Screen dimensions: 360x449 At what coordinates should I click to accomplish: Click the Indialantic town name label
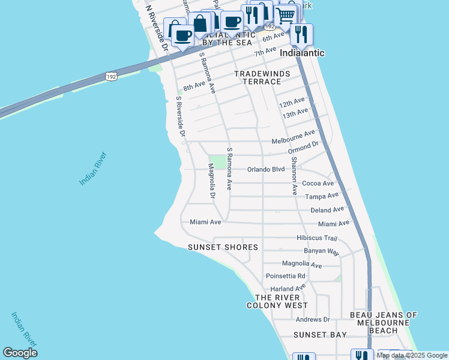[x=303, y=53]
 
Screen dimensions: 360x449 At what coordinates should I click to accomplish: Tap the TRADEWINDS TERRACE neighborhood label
[x=262, y=77]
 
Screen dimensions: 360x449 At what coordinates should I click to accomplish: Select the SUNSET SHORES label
[x=223, y=247]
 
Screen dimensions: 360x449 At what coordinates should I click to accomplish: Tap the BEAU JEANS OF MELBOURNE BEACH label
[x=383, y=323]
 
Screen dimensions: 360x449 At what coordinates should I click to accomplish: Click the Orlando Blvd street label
[x=266, y=169]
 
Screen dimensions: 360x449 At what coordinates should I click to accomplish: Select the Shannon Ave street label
[x=294, y=176]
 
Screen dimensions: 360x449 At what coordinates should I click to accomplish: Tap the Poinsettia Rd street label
[x=285, y=276]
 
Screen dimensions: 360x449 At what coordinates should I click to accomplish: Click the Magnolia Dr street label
[x=212, y=181]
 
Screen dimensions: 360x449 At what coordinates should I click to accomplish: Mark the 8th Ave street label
[x=194, y=87]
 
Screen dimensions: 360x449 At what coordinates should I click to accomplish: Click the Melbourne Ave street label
[x=293, y=137]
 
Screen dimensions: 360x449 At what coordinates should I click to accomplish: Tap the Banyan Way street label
[x=321, y=251]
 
